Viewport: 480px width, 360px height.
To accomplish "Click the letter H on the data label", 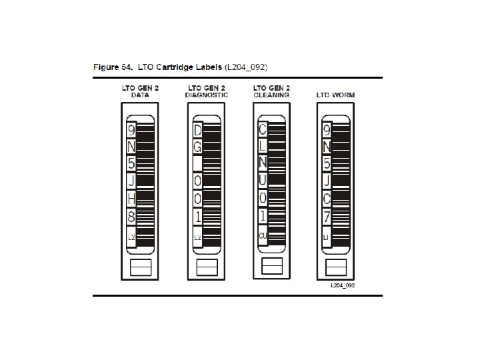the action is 131,198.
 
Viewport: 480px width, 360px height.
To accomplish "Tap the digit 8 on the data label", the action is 131,216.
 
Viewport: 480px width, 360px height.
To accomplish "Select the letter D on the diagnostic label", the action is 197,129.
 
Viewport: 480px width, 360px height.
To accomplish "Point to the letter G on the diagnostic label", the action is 197,146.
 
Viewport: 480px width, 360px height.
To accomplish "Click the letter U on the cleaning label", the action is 263,180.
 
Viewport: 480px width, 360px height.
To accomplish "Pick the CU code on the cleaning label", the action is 263,235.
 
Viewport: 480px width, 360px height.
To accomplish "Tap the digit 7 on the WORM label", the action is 326,216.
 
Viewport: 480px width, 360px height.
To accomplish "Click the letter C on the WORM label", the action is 326,198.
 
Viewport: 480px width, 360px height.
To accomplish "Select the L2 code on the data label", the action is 131,237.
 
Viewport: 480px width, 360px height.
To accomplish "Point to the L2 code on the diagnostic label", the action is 197,237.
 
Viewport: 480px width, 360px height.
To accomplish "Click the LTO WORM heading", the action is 335,95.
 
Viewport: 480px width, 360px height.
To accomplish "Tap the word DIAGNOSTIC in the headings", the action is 206,95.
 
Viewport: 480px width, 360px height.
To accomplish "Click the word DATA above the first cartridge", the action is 140,95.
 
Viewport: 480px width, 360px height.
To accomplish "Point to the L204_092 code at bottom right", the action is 343,285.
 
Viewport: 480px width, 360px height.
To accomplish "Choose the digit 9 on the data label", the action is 131,129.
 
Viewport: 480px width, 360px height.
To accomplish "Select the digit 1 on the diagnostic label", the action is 197,216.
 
